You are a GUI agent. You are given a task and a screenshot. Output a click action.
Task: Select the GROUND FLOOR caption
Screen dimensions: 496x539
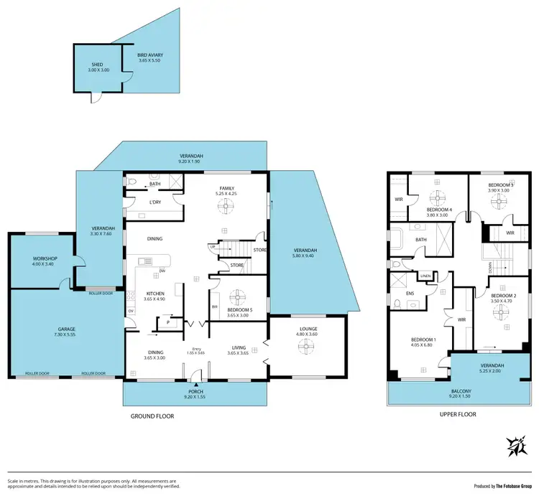tap(152, 416)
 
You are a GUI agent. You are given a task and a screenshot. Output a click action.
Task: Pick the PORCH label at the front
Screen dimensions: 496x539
tap(195, 391)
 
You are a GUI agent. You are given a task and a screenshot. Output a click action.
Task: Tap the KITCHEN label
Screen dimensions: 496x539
tap(156, 294)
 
